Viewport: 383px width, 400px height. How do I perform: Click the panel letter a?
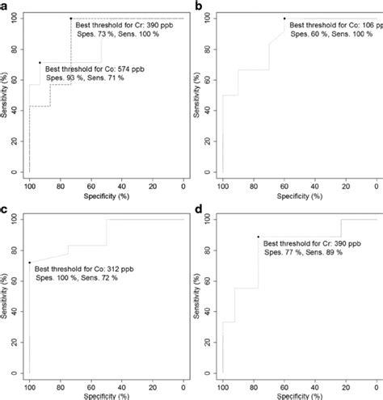click(6, 5)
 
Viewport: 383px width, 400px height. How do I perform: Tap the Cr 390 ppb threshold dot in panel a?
click(70, 18)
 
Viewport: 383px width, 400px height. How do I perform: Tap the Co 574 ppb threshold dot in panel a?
click(40, 62)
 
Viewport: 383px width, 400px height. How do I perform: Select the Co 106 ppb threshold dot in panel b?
click(284, 18)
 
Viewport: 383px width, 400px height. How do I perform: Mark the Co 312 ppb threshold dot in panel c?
click(30, 262)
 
